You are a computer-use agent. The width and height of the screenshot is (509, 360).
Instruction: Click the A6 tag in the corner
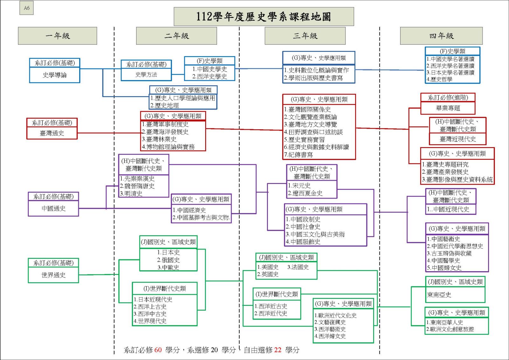tap(26, 8)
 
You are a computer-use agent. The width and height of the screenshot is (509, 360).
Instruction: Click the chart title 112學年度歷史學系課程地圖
tap(263, 17)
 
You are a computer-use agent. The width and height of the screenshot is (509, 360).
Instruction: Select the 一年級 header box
tap(57, 36)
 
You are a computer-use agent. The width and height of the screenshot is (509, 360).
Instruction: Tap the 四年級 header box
tap(441, 36)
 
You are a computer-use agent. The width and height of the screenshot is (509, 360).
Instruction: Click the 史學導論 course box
tap(54, 75)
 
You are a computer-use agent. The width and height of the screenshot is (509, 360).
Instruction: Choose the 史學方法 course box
tap(146, 74)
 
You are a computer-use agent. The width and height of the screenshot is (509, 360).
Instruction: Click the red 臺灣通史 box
tap(52, 133)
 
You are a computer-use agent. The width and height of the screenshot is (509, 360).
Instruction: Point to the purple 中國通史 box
tap(53, 208)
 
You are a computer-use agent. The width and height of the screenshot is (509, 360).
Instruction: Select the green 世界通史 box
tap(53, 275)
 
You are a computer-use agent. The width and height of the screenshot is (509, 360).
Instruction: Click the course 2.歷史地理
tap(164, 105)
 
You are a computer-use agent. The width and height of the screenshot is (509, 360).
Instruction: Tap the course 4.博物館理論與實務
tap(168, 147)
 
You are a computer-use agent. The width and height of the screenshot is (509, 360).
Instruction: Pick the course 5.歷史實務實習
tap(304, 139)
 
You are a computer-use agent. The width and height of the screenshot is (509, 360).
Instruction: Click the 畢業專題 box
tap(448, 108)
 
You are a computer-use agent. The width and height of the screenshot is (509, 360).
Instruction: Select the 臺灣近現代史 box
tap(457, 139)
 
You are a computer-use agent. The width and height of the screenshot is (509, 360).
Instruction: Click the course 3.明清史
tap(131, 194)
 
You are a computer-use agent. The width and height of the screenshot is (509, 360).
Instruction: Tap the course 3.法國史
tap(298, 267)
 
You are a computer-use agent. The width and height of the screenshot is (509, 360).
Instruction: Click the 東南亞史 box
tap(439, 295)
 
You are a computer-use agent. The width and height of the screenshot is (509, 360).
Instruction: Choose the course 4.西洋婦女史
tap(330, 336)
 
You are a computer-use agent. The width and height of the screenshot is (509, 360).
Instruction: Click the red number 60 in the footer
tap(158, 350)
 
